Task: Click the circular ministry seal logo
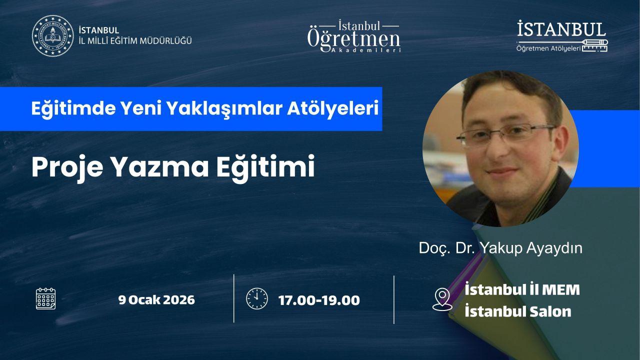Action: click(x=52, y=35)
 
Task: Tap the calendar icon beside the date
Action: click(x=45, y=298)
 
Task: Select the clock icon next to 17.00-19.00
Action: click(x=257, y=298)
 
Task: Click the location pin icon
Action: click(x=442, y=299)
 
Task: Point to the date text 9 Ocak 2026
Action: click(x=156, y=299)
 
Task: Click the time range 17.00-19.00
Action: click(x=319, y=300)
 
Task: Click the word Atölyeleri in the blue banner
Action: click(x=333, y=108)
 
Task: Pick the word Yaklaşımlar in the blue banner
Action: click(x=224, y=109)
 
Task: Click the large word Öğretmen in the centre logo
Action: click(x=353, y=40)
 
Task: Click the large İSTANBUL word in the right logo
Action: click(x=561, y=29)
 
